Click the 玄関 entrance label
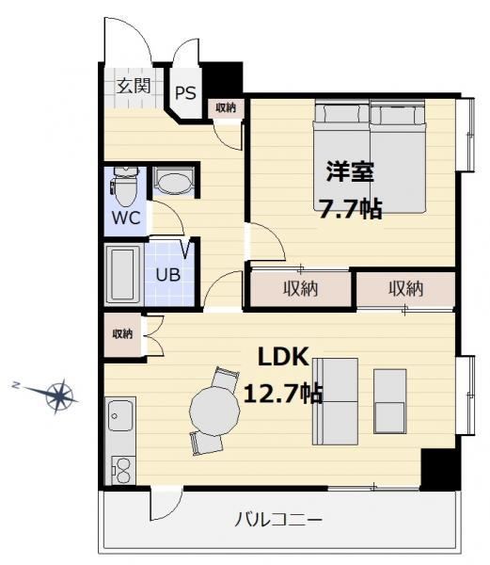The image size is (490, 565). point(134,86)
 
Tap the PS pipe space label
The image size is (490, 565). point(185,92)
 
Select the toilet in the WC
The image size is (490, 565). point(125,186)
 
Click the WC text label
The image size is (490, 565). point(126,218)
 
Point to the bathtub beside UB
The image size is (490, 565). point(122,274)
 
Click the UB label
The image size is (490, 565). point(168,275)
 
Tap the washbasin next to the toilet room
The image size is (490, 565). point(173,181)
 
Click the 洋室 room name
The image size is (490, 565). point(350,172)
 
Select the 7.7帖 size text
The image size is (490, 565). point(351,209)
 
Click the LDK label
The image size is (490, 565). point(283,357)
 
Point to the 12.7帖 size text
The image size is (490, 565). point(283,393)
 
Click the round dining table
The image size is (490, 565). point(214,411)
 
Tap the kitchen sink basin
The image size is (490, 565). point(120,415)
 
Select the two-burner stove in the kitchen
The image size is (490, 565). point(123,471)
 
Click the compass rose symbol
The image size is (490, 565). point(59,395)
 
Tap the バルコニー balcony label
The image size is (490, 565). point(278,520)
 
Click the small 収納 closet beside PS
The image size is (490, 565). point(226,107)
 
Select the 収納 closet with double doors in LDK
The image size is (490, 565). point(122,334)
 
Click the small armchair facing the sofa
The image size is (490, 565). point(390,401)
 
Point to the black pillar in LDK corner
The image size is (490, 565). point(439,469)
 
